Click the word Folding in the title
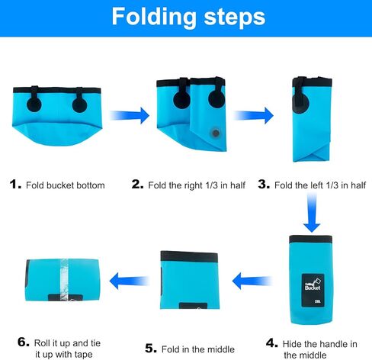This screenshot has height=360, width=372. pyautogui.click(x=154, y=18)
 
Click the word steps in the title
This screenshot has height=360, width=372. pyautogui.click(x=235, y=17)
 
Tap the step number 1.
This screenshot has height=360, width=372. pyautogui.click(x=15, y=184)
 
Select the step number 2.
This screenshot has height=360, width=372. pyautogui.click(x=137, y=184)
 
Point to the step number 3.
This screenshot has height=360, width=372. pyautogui.click(x=264, y=184)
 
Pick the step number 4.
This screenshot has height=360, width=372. pyautogui.click(x=272, y=343)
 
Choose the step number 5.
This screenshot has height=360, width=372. pyautogui.click(x=151, y=349)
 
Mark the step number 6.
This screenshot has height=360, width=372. pyautogui.click(x=24, y=342)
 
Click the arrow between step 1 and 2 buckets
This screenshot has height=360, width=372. pyautogui.click(x=130, y=115)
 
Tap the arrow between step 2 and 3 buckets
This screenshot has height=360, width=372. pyautogui.click(x=253, y=115)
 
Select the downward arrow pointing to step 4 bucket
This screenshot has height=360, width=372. pyautogui.click(x=312, y=213)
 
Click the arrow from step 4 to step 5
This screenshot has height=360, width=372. pyautogui.click(x=252, y=281)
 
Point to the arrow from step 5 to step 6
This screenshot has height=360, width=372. pyautogui.click(x=129, y=281)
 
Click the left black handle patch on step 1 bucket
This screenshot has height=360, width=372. pyautogui.click(x=34, y=103)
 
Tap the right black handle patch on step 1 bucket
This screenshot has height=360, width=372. pyautogui.click(x=79, y=103)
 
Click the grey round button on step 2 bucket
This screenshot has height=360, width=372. pyautogui.click(x=216, y=133)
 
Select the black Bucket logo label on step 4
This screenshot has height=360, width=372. pyautogui.click(x=313, y=291)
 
